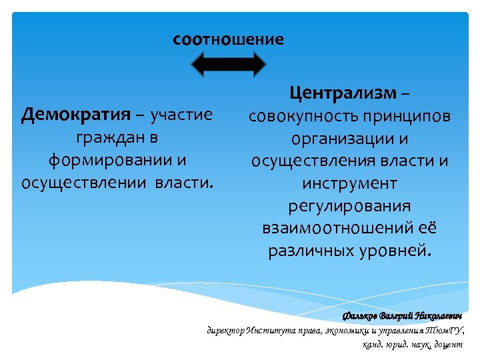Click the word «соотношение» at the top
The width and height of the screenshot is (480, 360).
(x=228, y=39)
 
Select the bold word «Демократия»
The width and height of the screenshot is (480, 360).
(x=75, y=115)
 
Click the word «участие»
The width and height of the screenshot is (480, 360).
(x=181, y=115)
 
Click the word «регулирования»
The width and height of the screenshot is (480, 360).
(x=350, y=206)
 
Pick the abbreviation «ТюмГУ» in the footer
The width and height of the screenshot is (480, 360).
(x=448, y=330)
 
